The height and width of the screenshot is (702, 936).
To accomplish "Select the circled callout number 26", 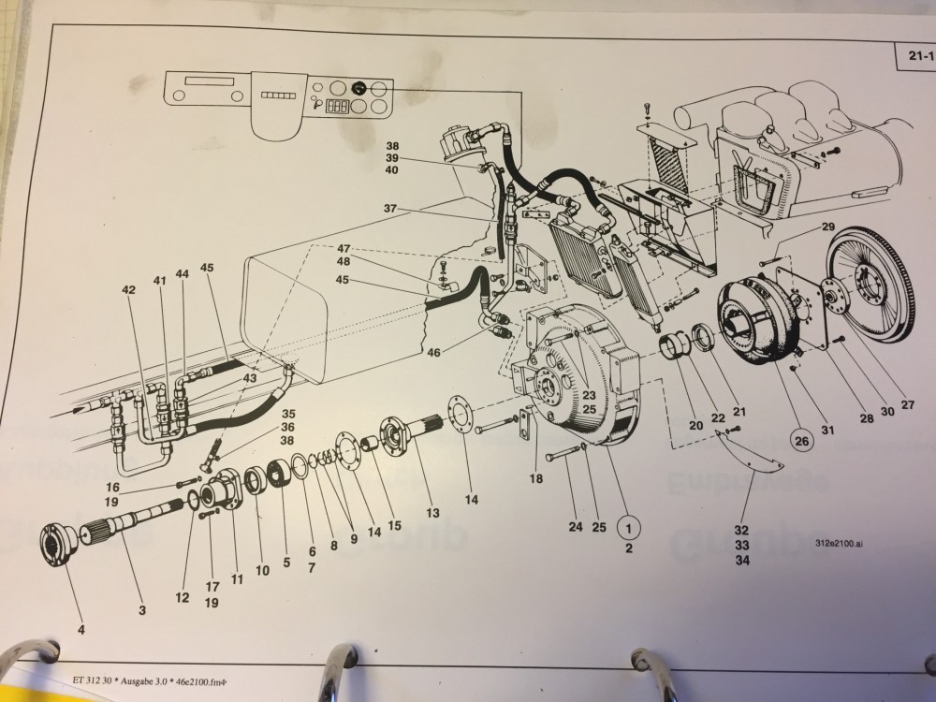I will tap(799, 438).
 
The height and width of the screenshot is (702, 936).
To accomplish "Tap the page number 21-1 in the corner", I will tap(914, 57).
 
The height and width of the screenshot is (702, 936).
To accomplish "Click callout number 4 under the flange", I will tap(80, 630).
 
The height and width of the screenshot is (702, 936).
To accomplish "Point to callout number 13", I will tap(432, 512).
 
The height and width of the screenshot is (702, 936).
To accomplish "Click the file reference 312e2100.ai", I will tap(839, 544).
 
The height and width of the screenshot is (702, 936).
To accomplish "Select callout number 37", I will tap(390, 208).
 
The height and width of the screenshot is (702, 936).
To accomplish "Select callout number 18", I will tap(535, 478).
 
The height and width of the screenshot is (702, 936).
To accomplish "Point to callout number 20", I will tap(695, 425).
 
